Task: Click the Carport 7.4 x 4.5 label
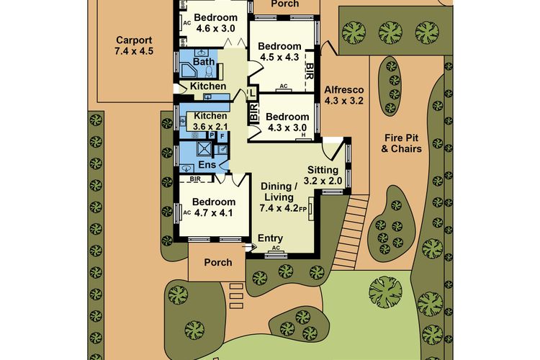[134, 45]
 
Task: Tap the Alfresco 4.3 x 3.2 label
[344, 96]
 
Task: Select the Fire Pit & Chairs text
[401, 143]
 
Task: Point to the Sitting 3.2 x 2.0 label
[323, 175]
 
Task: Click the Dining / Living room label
[279, 197]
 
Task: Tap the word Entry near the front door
[270, 238]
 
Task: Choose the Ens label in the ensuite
[207, 165]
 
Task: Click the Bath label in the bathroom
[204, 62]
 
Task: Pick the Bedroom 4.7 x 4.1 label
[214, 207]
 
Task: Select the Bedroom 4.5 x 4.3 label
[279, 52]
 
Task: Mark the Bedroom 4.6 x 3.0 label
[215, 23]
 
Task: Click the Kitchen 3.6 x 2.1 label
[210, 121]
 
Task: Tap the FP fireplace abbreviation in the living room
[302, 209]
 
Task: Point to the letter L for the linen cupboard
[253, 93]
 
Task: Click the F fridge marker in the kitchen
[222, 136]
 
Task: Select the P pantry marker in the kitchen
[212, 135]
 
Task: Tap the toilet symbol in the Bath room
[209, 72]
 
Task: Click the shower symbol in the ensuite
[205, 148]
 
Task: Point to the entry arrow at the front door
[250, 246]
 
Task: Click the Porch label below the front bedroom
[218, 263]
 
